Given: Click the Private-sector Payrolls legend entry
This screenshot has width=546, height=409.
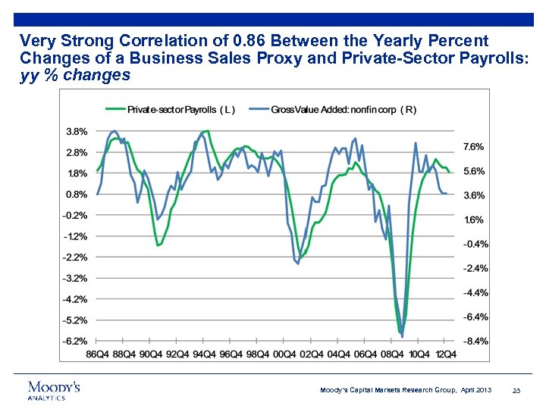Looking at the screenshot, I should [x=173, y=110].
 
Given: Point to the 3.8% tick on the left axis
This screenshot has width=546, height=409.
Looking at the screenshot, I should [x=76, y=131].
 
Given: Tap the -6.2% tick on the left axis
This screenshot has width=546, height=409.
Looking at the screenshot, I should [x=75, y=341].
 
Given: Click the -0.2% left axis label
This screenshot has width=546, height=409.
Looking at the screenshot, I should [x=75, y=215].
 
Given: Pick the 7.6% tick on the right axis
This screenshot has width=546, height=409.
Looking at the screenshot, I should [x=474, y=146].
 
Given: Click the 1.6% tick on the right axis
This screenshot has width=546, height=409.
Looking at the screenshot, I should [x=474, y=220].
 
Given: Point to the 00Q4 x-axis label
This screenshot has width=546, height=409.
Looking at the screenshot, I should [x=283, y=354].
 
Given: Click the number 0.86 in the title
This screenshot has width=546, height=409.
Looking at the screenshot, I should [x=211, y=39].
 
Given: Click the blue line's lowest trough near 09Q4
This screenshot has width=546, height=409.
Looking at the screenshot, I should [x=403, y=336].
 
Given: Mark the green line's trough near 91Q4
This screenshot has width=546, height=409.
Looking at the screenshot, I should [x=158, y=245].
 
